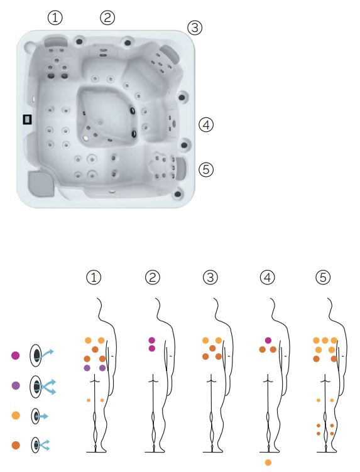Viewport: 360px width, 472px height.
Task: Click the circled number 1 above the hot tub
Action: tap(55, 18)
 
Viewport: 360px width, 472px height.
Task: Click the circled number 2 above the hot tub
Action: tap(107, 18)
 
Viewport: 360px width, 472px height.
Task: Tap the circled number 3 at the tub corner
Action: tap(195, 28)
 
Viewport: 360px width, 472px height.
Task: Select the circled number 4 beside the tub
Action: tap(206, 125)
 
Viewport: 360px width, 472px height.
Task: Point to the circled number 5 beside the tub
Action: tap(206, 169)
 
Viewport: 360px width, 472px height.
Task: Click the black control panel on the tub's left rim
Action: tap(28, 119)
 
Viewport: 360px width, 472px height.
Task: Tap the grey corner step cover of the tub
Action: tap(41, 183)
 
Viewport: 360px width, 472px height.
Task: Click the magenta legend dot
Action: tap(15, 355)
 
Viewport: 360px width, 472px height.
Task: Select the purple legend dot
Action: tap(15, 385)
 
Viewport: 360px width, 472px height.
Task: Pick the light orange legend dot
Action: tap(15, 416)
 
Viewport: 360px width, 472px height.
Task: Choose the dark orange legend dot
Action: tap(15, 445)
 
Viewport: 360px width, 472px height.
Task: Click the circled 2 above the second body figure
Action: tap(153, 277)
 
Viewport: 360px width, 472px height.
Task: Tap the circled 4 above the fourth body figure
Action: tap(268, 277)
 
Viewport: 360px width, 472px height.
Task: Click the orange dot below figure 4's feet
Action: tap(268, 463)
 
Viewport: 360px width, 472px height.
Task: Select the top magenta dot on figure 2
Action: tap(152, 340)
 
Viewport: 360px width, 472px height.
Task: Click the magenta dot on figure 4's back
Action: tap(268, 340)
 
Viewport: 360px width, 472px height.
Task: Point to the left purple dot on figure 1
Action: tap(87, 368)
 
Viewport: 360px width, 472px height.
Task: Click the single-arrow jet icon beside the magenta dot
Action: tap(41, 355)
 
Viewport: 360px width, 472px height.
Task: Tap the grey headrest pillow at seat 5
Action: tap(181, 168)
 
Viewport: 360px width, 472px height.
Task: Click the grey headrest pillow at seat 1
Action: tap(56, 41)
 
